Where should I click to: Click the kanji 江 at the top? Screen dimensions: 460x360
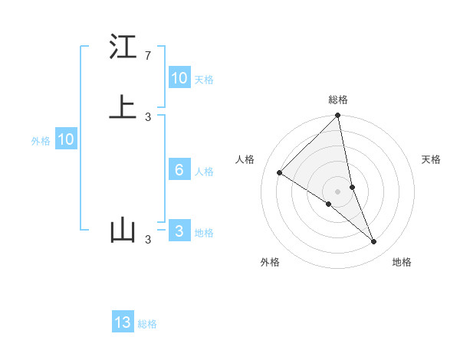point(123,47)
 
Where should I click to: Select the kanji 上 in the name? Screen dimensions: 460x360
point(123,108)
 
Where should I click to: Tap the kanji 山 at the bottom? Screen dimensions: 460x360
point(123,231)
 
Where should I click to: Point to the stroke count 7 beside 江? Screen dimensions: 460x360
point(147,56)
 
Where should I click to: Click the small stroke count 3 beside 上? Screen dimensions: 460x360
point(147,117)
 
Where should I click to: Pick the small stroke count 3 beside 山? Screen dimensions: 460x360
point(147,240)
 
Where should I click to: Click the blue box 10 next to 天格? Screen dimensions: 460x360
point(179,78)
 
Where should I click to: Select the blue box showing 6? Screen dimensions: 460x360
point(179,170)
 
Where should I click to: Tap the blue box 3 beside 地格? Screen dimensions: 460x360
point(179,231)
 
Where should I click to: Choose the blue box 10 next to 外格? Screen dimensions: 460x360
point(66,139)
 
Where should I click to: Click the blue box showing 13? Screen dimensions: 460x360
point(123,323)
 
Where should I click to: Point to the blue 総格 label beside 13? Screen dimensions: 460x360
point(147,324)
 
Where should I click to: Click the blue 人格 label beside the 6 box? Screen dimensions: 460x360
point(204,171)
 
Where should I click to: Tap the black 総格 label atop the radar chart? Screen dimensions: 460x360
point(338,100)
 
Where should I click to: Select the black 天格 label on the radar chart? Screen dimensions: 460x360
point(432,159)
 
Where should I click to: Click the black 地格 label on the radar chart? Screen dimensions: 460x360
point(402,262)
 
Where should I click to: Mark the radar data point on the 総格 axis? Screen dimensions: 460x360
point(338,116)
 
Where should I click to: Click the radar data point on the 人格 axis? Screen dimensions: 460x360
point(280,173)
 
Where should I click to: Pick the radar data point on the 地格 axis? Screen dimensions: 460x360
point(374,242)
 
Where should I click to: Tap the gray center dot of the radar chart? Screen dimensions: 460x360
point(338,191)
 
